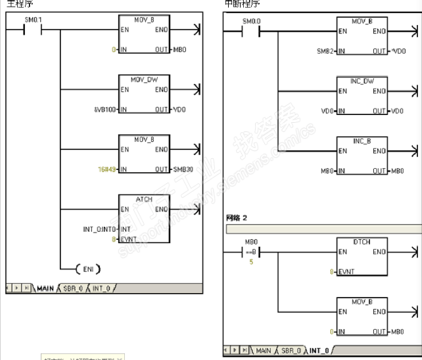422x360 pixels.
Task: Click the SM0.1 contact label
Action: pyautogui.click(x=33, y=20)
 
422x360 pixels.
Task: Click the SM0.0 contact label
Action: pyautogui.click(x=251, y=22)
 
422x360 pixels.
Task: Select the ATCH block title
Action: pyautogui.click(x=144, y=198)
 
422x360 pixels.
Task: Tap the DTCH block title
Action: pyautogui.click(x=362, y=242)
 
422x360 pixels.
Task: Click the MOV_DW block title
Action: pyautogui.click(x=144, y=79)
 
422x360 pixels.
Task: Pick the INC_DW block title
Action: pyautogui.click(x=362, y=81)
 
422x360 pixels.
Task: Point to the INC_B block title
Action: pyautogui.click(x=362, y=140)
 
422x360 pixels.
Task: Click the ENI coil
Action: pyautogui.click(x=89, y=269)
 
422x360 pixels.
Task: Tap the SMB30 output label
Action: pyautogui.click(x=182, y=169)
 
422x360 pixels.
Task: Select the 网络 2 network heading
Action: pyautogui.click(x=237, y=217)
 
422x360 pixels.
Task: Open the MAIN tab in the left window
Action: pyautogui.click(x=45, y=288)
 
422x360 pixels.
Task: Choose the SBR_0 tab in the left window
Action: pyautogui.click(x=72, y=288)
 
